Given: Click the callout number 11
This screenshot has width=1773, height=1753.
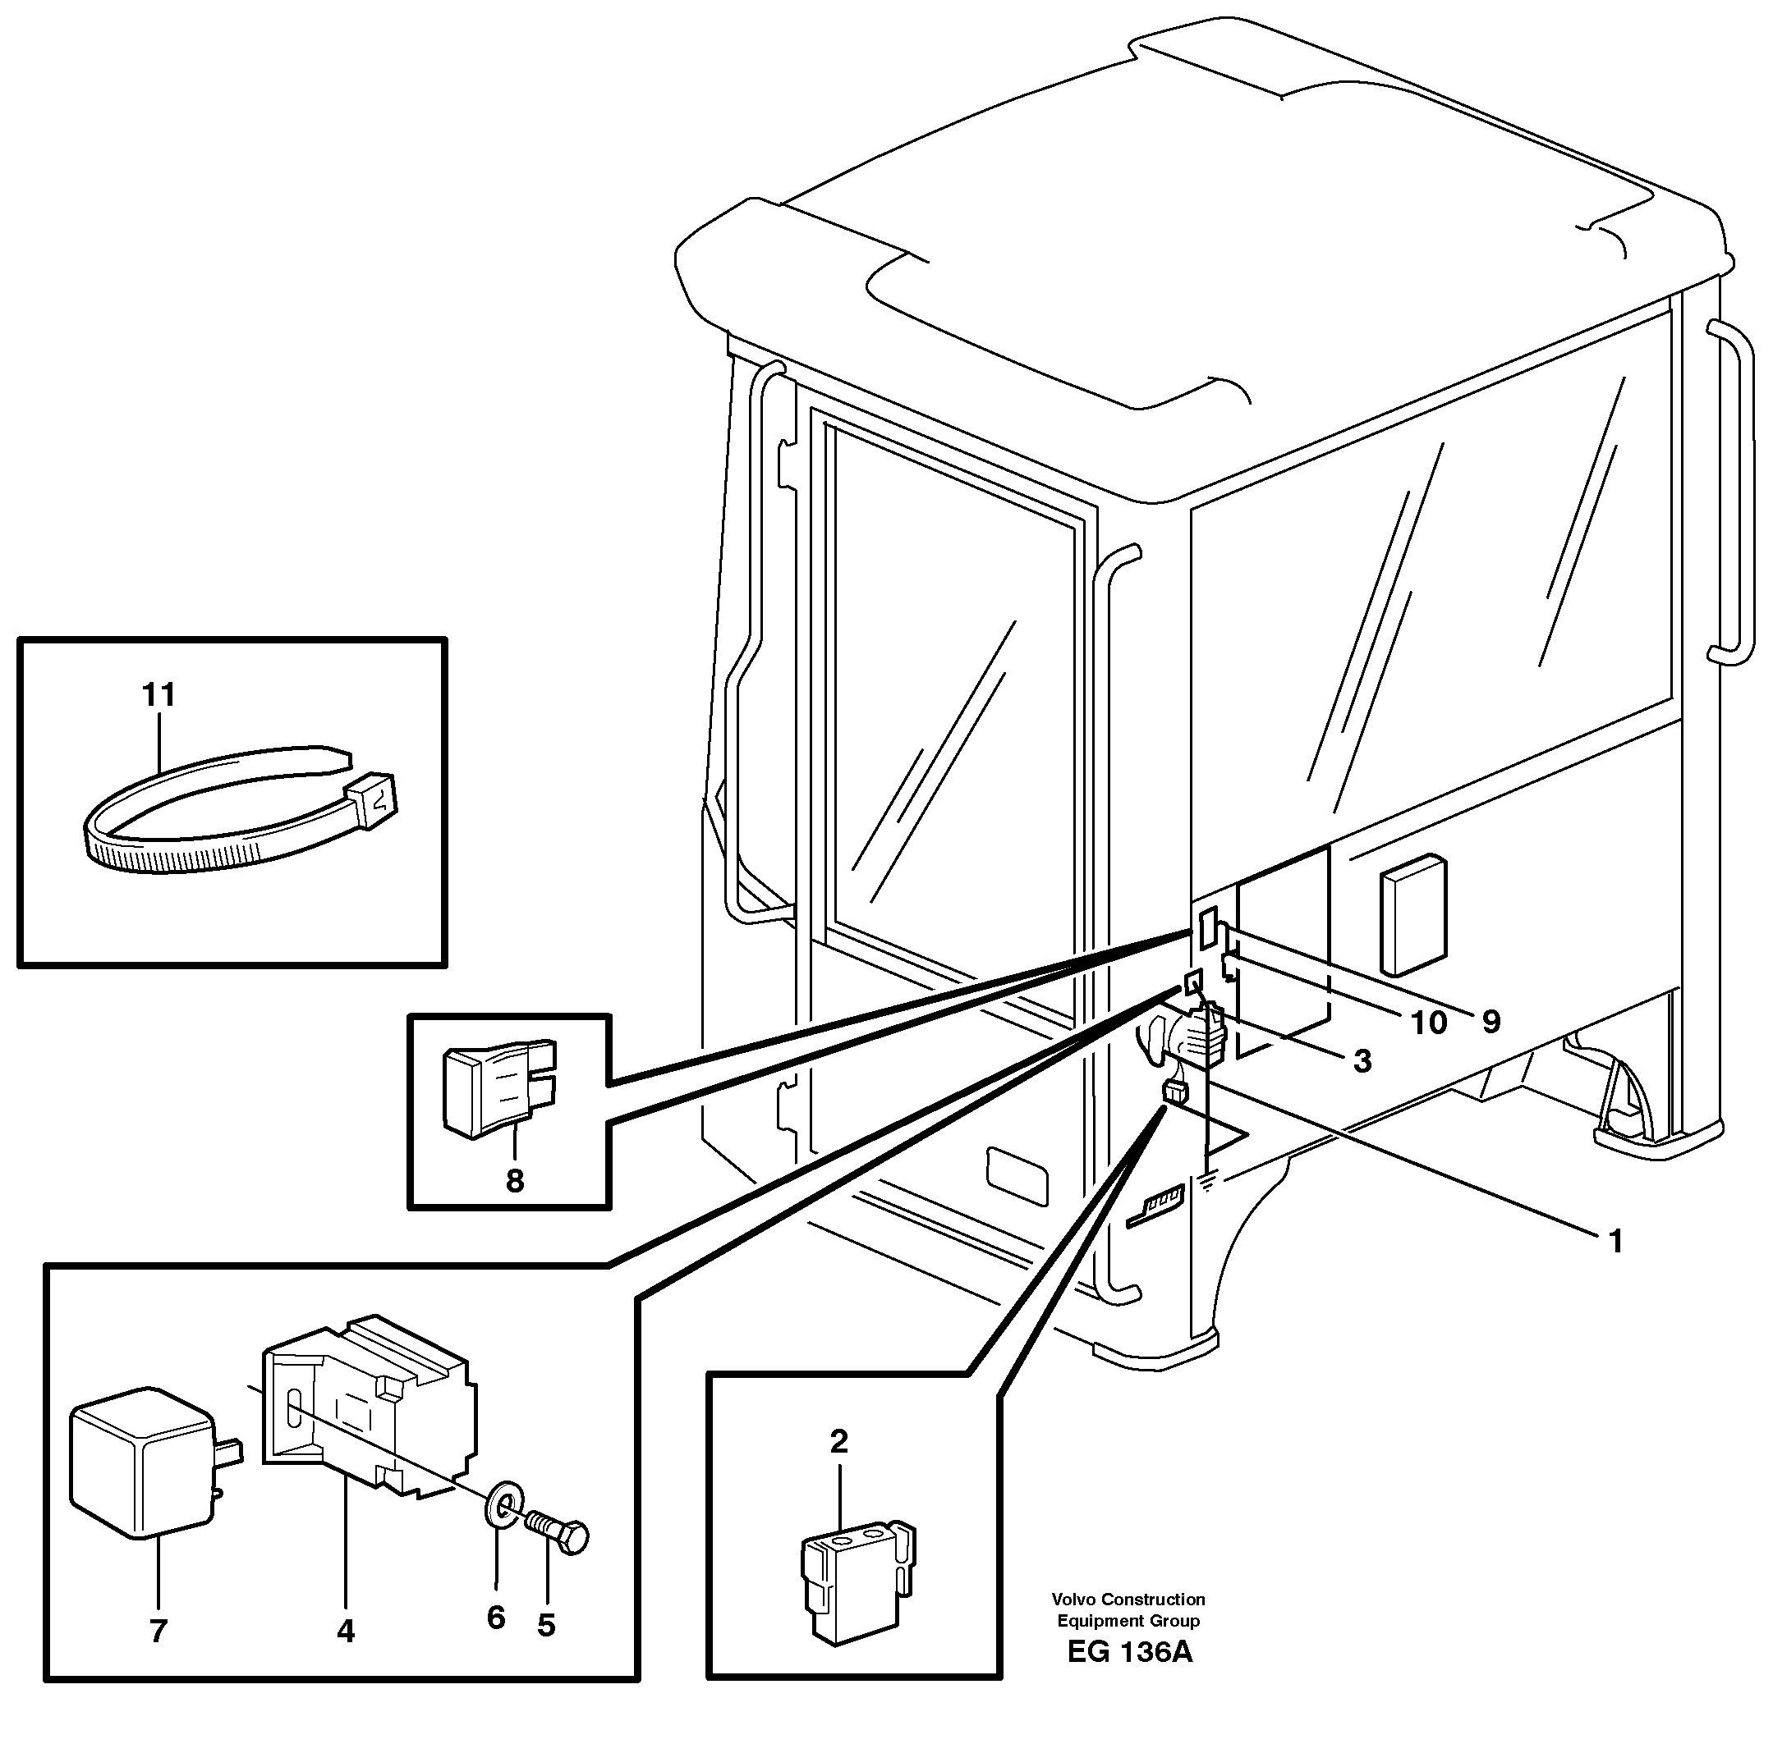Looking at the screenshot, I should pyautogui.click(x=158, y=694).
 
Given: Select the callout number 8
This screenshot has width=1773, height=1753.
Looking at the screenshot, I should pyautogui.click(x=515, y=1181).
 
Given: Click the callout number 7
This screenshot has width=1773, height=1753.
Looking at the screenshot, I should pyautogui.click(x=158, y=1631).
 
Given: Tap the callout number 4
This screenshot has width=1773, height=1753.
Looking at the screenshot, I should pyautogui.click(x=345, y=1630).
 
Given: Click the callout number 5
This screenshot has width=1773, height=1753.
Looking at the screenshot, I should pyautogui.click(x=546, y=1626).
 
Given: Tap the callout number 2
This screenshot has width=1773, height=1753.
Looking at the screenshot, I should pyautogui.click(x=838, y=1442).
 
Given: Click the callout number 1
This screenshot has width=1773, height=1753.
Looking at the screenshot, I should pyautogui.click(x=1616, y=1241).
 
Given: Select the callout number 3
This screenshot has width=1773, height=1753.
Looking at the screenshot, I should pyautogui.click(x=1362, y=1060).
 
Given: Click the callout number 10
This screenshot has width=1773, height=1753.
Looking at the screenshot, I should pyautogui.click(x=1428, y=1022).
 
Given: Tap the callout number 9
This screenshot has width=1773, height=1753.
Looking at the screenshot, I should pyautogui.click(x=1491, y=1021).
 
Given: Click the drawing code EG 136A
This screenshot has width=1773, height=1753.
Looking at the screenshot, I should pyautogui.click(x=1130, y=1677).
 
